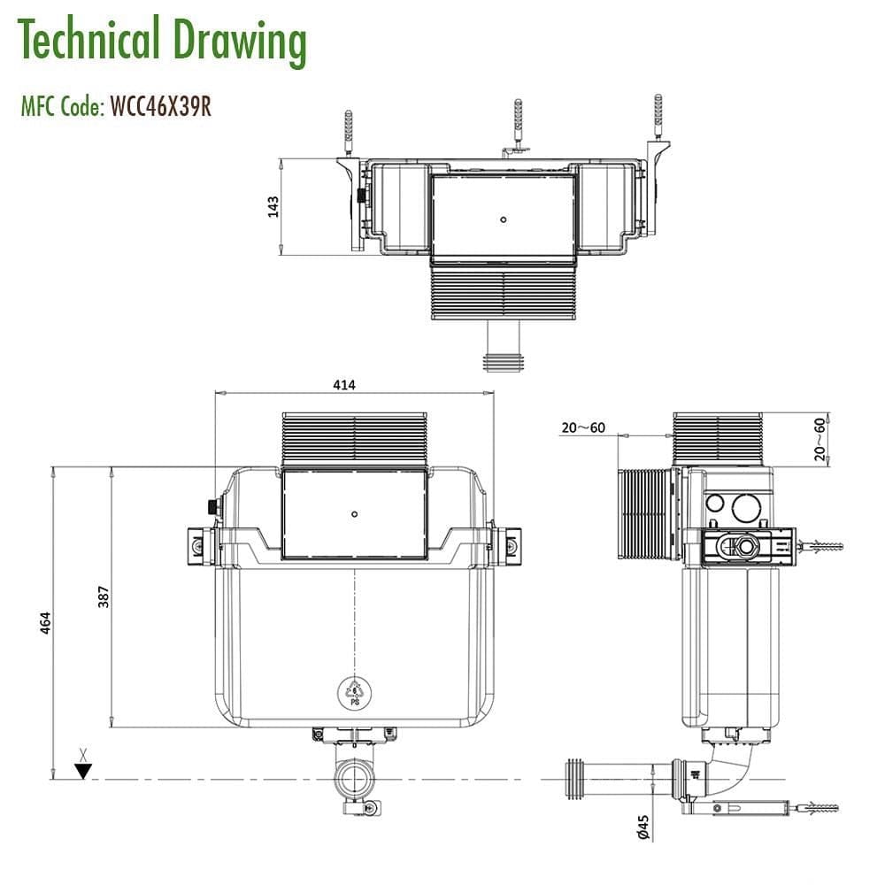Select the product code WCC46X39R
160,107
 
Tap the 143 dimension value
273,206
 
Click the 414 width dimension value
343,385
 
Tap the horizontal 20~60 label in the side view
582,428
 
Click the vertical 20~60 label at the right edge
820,438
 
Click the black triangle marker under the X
82,771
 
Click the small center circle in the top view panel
503,219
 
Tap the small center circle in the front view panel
354,513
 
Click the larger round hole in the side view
746,508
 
